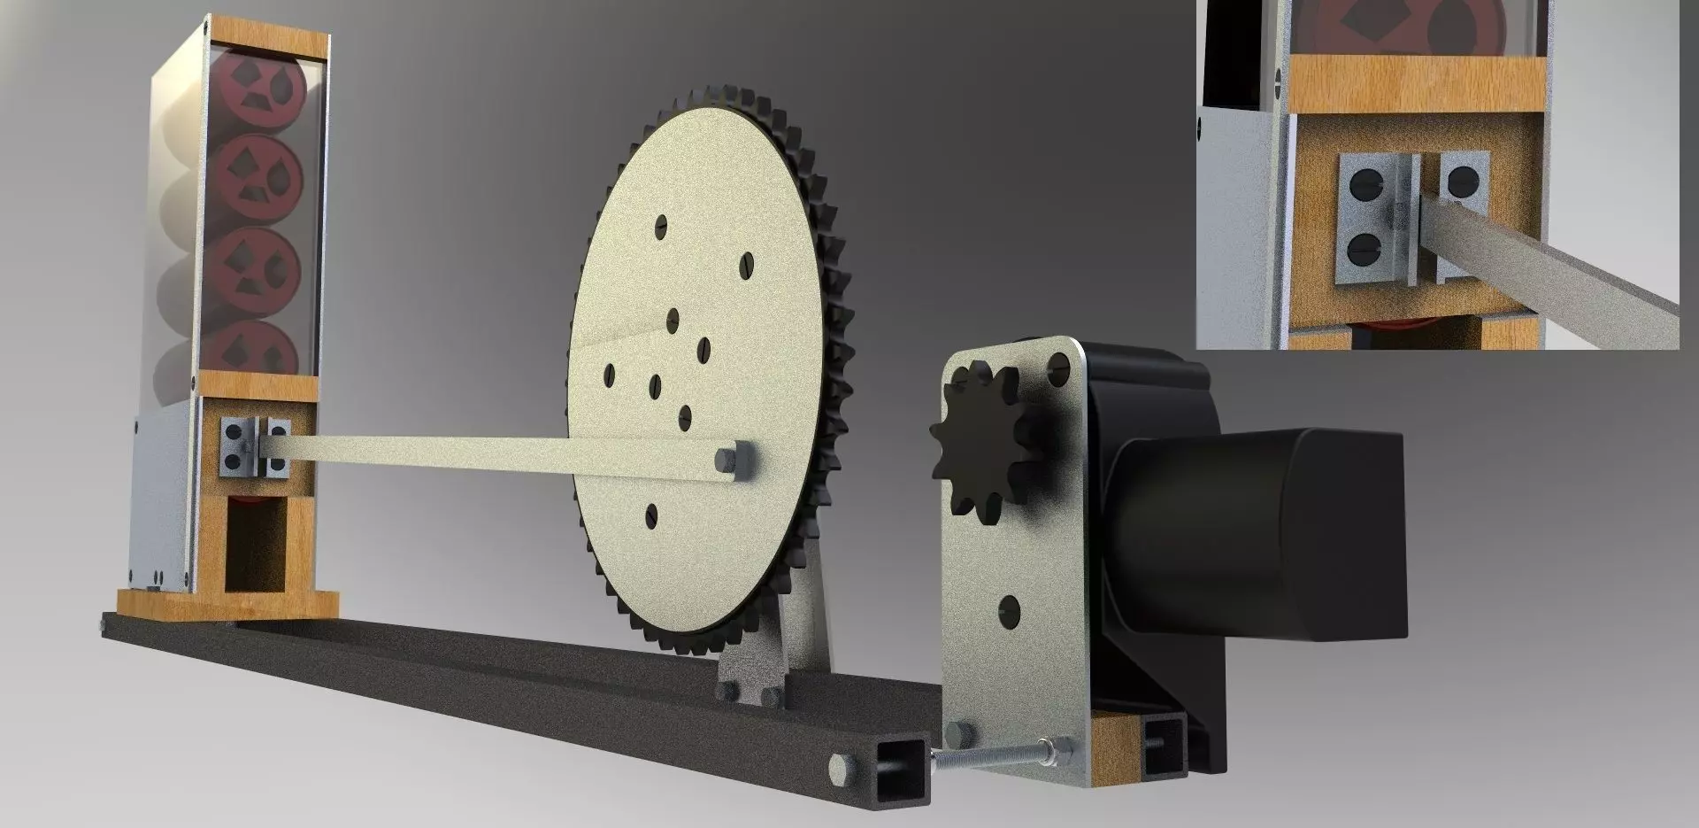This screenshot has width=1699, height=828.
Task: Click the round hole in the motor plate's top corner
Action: pyautogui.click(x=1060, y=364)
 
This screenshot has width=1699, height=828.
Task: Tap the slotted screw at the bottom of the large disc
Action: pyautogui.click(x=654, y=511)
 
